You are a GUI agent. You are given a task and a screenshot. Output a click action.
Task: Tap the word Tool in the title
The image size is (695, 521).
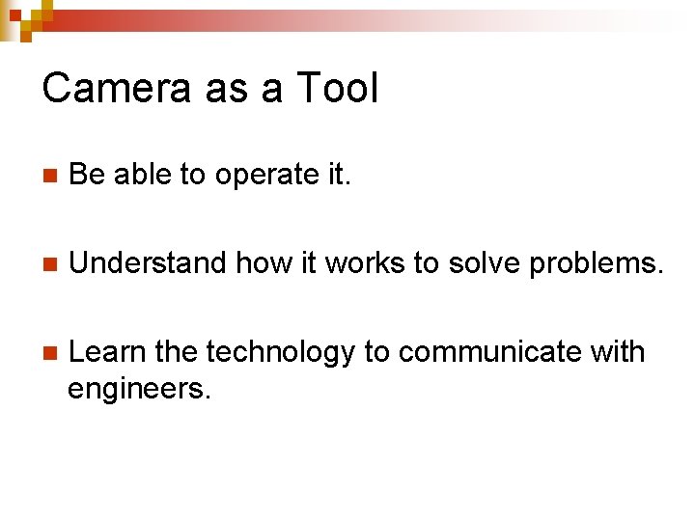[x=336, y=89]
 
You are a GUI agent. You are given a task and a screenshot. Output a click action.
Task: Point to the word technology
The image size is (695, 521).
[x=281, y=353]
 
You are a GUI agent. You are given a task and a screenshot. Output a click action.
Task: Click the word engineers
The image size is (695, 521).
[x=138, y=389]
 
